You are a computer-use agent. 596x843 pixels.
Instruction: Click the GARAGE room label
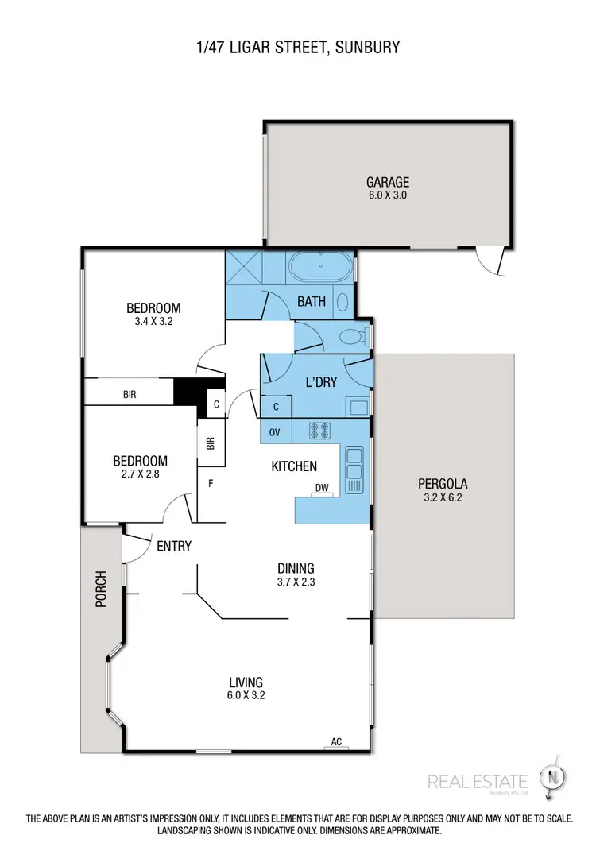387,180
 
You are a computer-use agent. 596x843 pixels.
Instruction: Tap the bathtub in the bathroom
320,268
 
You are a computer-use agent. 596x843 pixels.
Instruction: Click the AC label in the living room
336,742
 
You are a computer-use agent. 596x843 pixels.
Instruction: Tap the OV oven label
275,431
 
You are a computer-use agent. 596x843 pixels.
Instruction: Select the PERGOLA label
443,483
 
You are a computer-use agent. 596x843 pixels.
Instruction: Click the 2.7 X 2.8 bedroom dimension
140,475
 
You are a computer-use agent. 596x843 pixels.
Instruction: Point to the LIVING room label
246,682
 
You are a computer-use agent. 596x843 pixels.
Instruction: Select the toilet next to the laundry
351,337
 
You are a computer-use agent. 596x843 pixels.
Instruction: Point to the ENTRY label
174,546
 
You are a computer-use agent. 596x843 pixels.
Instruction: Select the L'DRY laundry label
321,382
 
